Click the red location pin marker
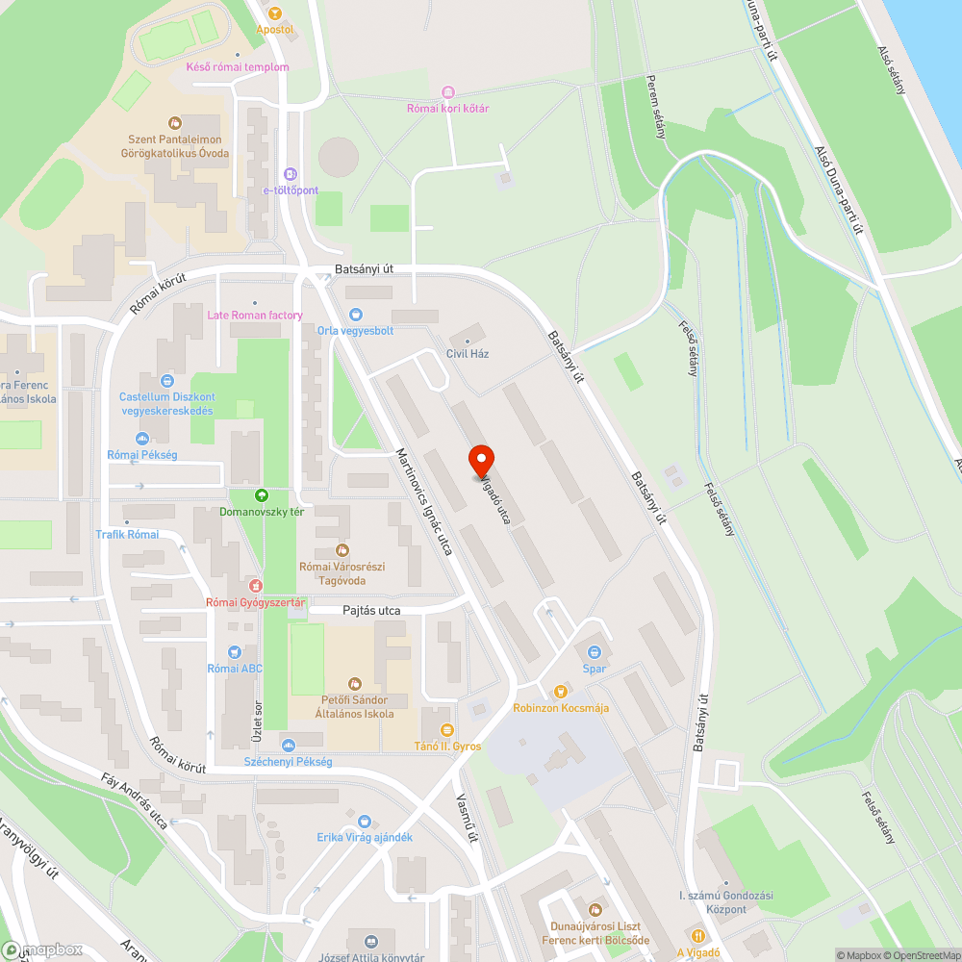coord(481,460)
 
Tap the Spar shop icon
coord(594,651)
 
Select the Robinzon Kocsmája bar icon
coord(561,691)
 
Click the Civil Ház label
coord(468,353)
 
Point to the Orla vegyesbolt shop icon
coord(356,314)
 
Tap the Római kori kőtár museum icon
coord(447,91)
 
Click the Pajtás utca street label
coord(371,611)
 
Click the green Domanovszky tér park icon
coord(261,494)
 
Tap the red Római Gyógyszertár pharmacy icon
coord(255,585)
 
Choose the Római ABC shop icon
coord(235,651)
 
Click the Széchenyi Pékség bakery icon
coord(288,745)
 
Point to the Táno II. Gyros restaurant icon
coord(444,729)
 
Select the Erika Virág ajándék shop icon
coord(364,821)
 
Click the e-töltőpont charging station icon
coord(291,173)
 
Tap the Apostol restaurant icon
coord(274,13)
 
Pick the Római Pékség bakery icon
coord(142,439)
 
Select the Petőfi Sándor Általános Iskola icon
coord(354,683)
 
